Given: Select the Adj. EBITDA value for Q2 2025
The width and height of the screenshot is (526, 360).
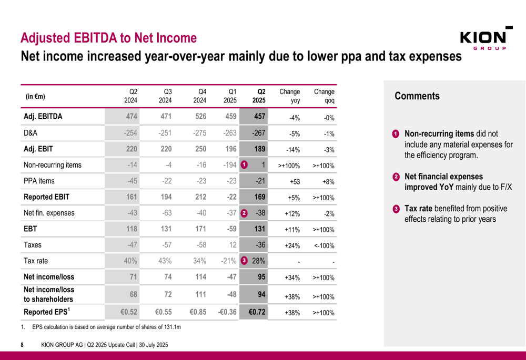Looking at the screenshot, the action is point(260,116).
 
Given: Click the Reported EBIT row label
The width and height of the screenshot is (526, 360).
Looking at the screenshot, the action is point(46,197).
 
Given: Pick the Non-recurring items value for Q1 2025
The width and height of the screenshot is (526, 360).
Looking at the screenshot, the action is point(230,165).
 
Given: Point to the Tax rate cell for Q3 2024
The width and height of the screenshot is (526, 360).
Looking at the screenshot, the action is point(165,261).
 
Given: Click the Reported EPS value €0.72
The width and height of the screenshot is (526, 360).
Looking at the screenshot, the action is point(257,312).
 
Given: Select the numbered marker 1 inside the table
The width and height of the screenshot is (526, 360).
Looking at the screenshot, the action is point(244,165).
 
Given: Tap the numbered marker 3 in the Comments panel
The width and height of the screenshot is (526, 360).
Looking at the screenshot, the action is point(396,209).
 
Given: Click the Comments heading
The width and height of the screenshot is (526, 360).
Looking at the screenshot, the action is point(417,96).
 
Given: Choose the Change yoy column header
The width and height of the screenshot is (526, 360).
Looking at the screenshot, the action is point(289,96).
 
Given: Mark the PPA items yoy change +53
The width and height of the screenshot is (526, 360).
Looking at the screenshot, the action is point(295,182).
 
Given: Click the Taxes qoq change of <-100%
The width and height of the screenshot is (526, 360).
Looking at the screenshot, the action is point(324,246).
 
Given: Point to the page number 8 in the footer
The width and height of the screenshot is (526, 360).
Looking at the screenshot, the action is point(22,345).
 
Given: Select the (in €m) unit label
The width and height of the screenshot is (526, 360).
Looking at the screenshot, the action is point(35,97).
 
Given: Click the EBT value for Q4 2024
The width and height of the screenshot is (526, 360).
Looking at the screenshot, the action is point(200,229).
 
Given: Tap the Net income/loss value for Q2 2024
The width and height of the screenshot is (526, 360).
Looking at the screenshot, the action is point(133,277).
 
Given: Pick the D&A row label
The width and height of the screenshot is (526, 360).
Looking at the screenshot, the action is point(31,133).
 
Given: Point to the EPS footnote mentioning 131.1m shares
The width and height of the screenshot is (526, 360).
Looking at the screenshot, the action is point(100,327).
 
